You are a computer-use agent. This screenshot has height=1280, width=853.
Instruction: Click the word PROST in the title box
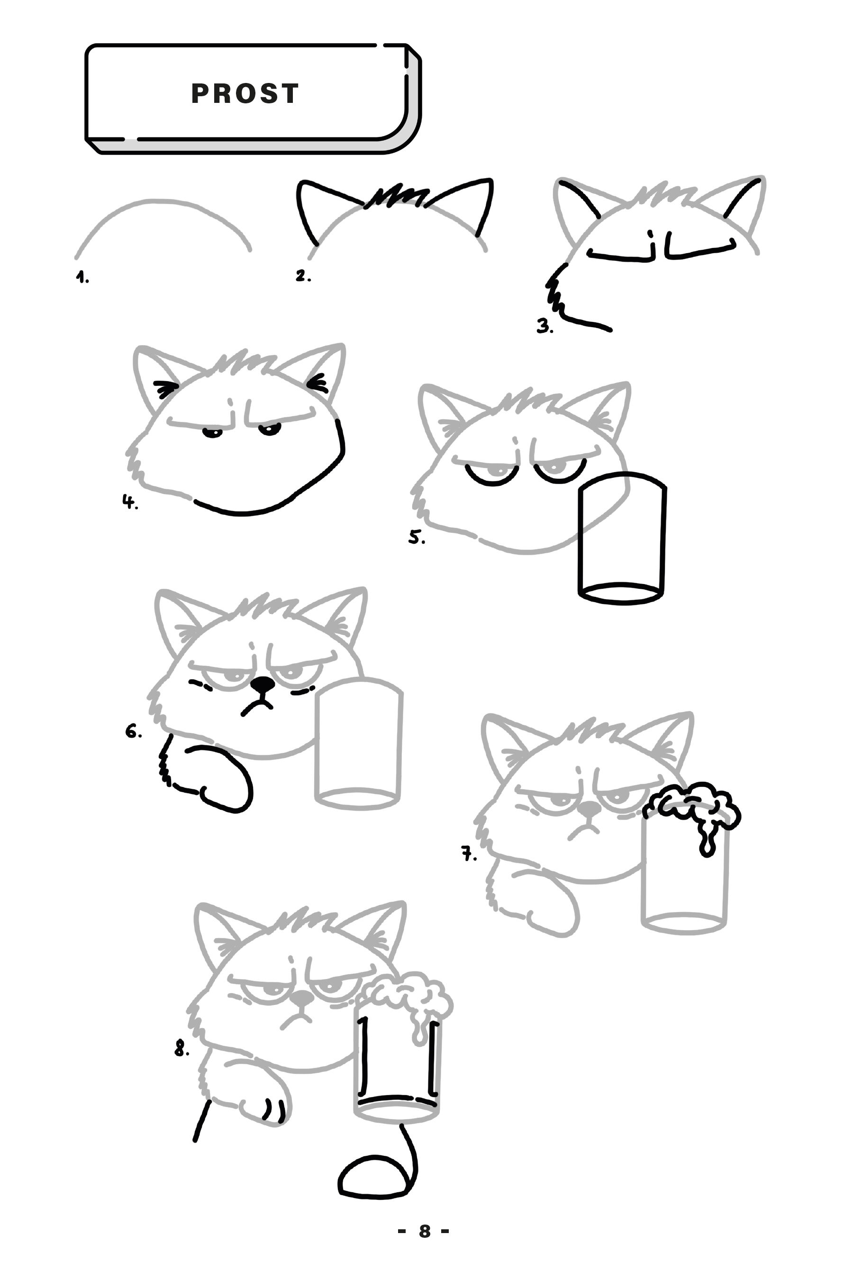click(245, 93)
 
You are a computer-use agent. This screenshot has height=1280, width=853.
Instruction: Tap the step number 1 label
click(82, 278)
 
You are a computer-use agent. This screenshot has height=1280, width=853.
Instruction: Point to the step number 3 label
click(544, 327)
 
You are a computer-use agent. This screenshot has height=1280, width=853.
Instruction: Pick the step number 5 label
click(417, 538)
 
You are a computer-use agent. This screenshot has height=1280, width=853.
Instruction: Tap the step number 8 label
click(181, 1048)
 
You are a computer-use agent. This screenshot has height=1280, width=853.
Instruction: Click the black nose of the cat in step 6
click(262, 684)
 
